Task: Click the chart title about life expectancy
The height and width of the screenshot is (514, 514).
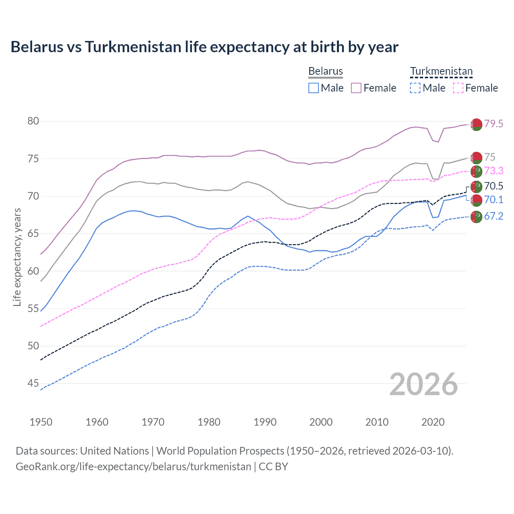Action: pos(204,47)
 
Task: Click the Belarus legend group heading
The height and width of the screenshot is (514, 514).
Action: pos(325,71)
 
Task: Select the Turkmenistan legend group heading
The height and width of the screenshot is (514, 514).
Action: pos(441,71)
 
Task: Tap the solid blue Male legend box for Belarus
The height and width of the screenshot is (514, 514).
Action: pos(314,88)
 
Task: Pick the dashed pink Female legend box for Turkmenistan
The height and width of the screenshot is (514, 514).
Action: pos(458,88)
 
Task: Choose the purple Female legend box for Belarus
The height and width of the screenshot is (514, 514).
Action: pos(356,88)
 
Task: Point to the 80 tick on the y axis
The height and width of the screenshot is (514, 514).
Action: pos(33,121)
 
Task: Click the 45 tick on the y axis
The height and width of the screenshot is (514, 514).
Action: pos(33,383)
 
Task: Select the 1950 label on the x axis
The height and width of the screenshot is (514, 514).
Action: pos(41,422)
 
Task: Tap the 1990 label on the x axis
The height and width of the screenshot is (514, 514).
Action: pos(265,422)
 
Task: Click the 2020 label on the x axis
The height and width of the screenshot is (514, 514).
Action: pos(433,422)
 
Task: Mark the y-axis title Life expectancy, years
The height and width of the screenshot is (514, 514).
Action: pos(17,257)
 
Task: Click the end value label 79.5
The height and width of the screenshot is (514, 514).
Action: pos(494,124)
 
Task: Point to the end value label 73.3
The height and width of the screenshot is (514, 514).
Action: pos(494,171)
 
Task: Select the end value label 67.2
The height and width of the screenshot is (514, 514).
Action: pos(494,216)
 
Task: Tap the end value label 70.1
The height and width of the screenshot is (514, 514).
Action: pos(494,200)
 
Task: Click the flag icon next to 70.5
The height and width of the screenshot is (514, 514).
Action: pos(476,186)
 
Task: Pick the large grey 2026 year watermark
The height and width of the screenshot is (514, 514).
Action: pos(424,384)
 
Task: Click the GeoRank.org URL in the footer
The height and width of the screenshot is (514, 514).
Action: pos(133,467)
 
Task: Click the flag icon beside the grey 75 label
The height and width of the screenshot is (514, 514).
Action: pos(476,158)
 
